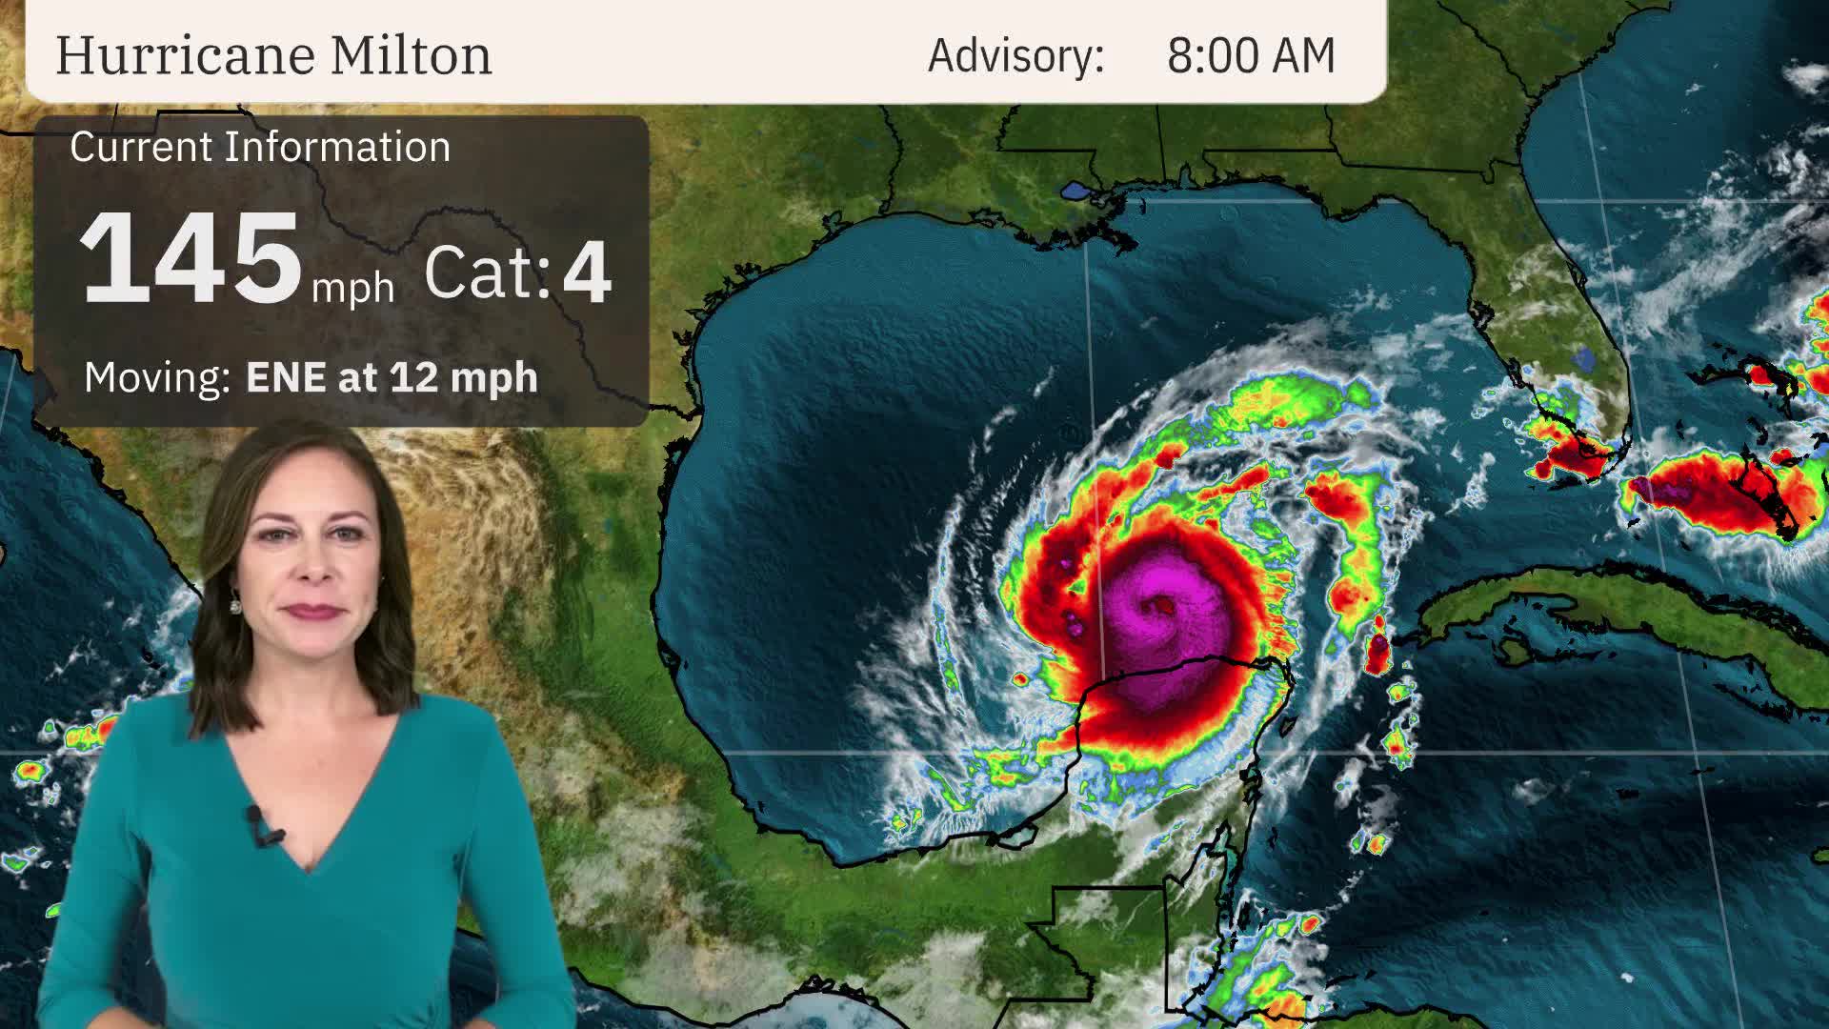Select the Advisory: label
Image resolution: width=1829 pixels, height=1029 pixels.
pos(1015,55)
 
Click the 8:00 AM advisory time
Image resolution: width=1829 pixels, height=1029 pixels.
pos(1251,55)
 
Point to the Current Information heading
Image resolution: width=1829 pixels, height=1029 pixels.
pos(260,148)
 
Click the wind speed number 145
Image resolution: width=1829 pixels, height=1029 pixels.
pos(190,259)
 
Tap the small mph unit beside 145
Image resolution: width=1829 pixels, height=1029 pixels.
pos(352,287)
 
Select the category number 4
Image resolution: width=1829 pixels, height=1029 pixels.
pos(587,272)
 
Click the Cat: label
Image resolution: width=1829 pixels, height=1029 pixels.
pos(487,272)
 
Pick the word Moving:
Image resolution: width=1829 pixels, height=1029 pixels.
pos(157,377)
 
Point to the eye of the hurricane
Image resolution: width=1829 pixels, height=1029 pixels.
pos(1163,604)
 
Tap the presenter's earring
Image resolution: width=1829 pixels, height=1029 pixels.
pos(234,602)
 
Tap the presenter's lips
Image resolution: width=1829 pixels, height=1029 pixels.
pos(314,610)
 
